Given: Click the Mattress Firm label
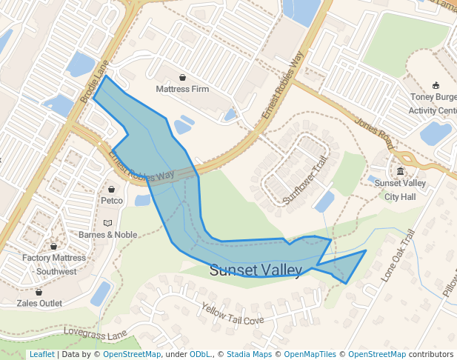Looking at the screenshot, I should click(x=182, y=89).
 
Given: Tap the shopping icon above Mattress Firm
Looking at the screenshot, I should click(x=182, y=77).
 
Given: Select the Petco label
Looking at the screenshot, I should click(x=112, y=200).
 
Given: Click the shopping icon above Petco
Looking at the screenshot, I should click(x=112, y=189).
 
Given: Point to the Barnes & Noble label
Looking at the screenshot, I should click(x=108, y=234).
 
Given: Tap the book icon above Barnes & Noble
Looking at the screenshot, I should click(x=108, y=223).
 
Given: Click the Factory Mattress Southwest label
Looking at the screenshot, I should click(x=55, y=264).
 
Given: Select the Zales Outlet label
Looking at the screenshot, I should click(x=39, y=303).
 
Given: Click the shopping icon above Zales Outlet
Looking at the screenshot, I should click(x=39, y=293).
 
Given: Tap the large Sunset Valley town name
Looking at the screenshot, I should click(x=256, y=270).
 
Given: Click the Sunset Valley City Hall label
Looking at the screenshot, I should click(x=399, y=190).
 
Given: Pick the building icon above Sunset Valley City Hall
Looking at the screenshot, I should click(x=400, y=172).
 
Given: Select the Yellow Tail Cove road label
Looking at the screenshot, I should click(x=233, y=315).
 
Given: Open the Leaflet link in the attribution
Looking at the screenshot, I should click(x=41, y=354).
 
